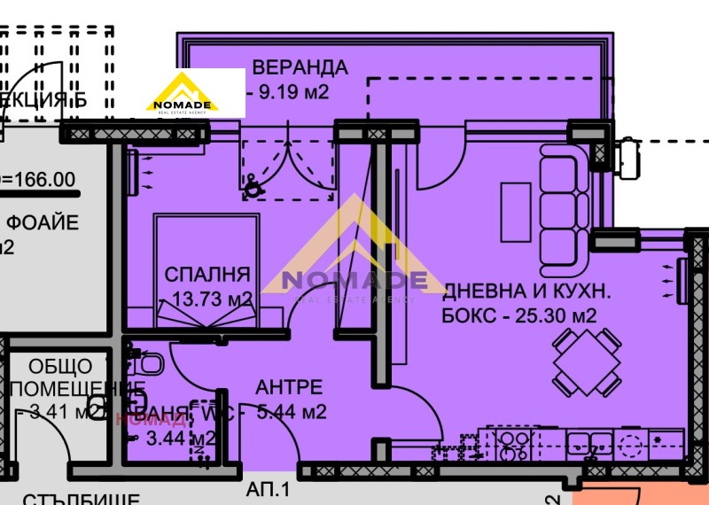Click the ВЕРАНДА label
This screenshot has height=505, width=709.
coord(300,67)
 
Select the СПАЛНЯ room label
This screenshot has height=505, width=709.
coord(207,275)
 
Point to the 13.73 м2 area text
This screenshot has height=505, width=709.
coord(210,299)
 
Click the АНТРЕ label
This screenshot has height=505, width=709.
coord(289,387)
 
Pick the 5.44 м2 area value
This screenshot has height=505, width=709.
coord(292,411)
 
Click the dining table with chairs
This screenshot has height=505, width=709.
coord(585,362)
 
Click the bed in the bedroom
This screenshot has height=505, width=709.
coord(206,266)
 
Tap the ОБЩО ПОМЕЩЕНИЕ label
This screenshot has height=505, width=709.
coord(60,377)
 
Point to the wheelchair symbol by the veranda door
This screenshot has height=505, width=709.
coord(253,185)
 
